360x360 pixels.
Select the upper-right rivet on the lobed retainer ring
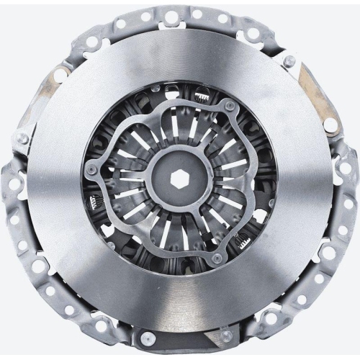(230, 107)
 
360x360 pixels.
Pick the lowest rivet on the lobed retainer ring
(217, 258)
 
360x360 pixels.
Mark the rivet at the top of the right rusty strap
(289, 61)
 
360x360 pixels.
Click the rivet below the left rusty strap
(23, 138)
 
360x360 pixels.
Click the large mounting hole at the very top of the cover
(171, 16)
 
